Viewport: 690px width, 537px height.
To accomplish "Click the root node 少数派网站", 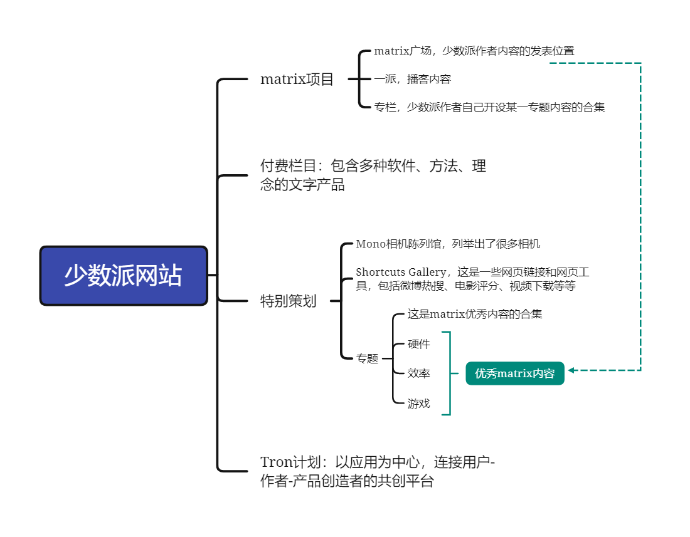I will (x=124, y=276).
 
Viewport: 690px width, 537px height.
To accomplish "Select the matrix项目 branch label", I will (x=297, y=80).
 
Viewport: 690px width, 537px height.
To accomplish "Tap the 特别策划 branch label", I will (x=288, y=301).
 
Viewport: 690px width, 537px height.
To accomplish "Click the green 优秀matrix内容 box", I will (x=514, y=373).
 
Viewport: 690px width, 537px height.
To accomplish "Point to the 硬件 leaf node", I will (x=418, y=344).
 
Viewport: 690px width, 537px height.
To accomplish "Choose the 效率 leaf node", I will (x=418, y=373).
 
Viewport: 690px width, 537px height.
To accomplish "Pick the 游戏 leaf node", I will (x=418, y=404).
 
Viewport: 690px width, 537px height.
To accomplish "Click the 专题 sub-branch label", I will (x=367, y=358).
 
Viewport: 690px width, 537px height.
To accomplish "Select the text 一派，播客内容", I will (x=412, y=80).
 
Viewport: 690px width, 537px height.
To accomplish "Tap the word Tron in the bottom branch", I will (x=276, y=462).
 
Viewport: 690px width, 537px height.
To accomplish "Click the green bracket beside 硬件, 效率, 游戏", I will (x=449, y=373).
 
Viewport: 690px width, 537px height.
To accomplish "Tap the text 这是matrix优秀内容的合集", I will (x=474, y=315).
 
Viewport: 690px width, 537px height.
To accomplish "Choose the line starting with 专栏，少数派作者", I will (x=489, y=107).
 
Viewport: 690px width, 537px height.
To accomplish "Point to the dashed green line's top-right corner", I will (x=640, y=63).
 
